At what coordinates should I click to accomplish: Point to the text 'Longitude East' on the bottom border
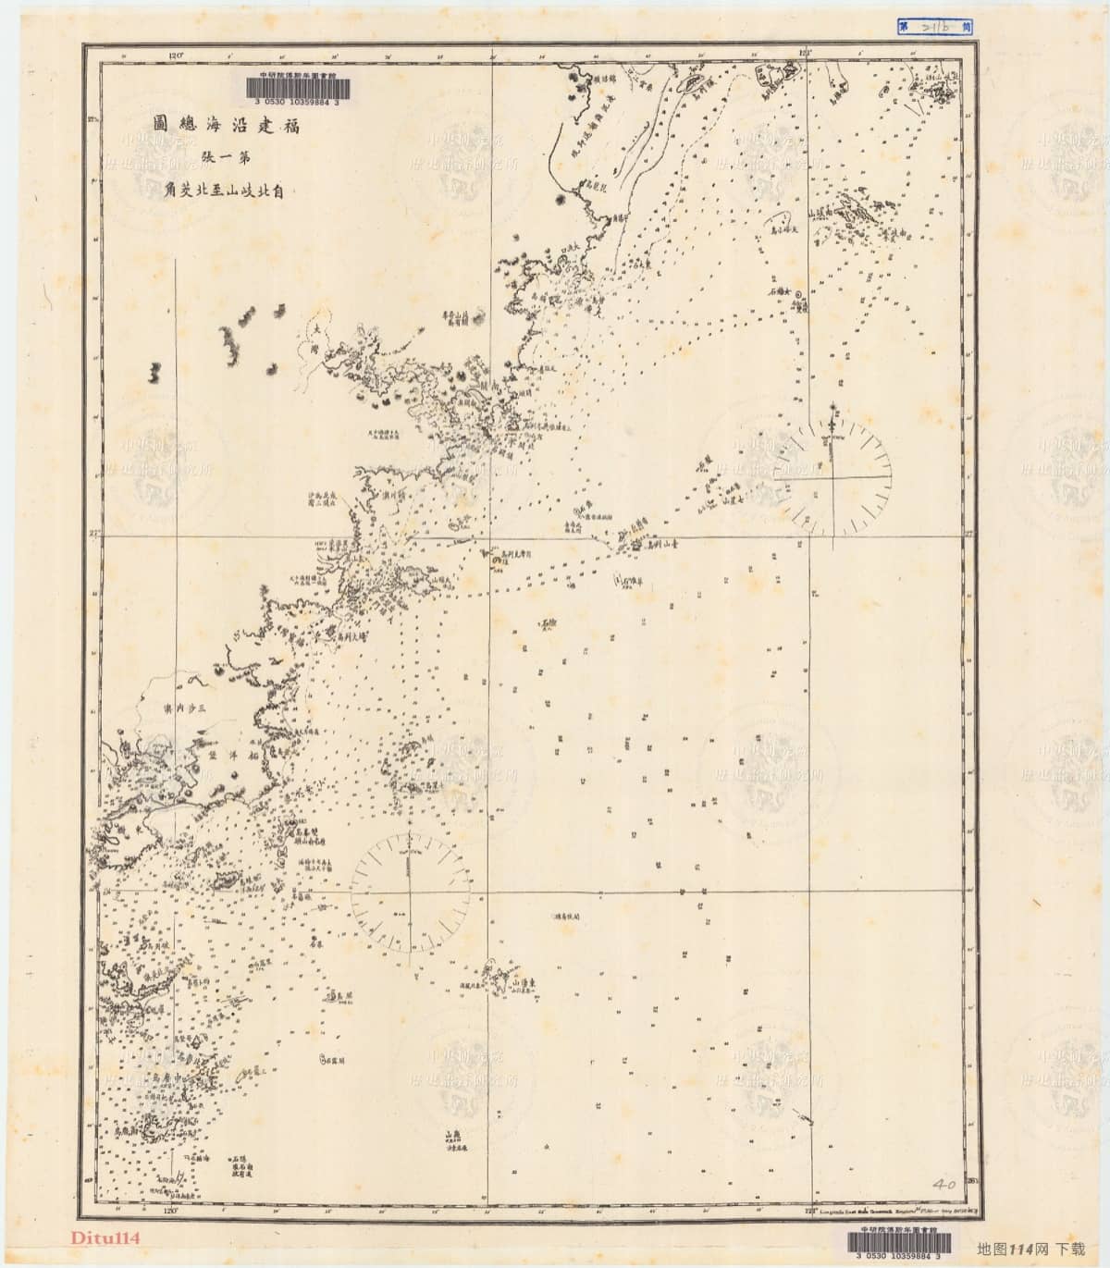(828, 1210)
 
